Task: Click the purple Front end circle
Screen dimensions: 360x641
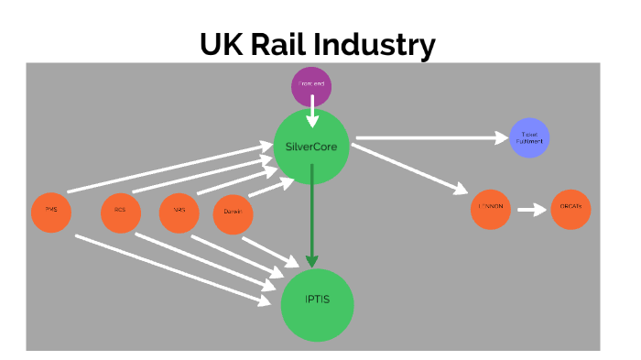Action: click(x=311, y=86)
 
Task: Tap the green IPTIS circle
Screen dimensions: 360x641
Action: click(x=317, y=301)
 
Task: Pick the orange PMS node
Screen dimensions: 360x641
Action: click(x=51, y=211)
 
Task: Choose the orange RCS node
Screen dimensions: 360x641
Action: click(x=120, y=211)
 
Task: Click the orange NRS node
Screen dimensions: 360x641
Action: click(x=179, y=211)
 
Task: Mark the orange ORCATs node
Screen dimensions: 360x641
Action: click(x=570, y=210)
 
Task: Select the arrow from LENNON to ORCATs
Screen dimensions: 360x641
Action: click(x=531, y=210)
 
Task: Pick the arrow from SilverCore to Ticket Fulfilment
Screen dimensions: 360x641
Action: click(x=430, y=139)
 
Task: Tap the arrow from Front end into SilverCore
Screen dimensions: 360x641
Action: click(x=312, y=112)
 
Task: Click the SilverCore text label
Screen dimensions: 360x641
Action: click(x=311, y=147)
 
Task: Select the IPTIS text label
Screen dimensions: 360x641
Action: click(x=317, y=301)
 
